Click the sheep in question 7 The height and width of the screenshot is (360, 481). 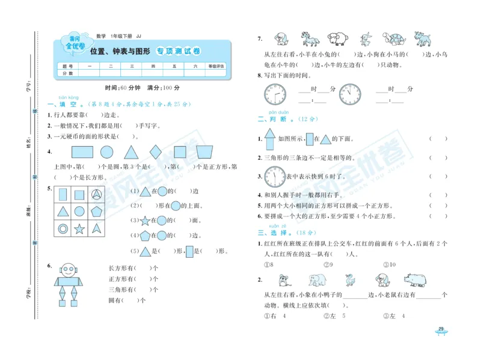pos(337,39)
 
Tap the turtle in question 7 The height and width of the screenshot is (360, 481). pos(397,40)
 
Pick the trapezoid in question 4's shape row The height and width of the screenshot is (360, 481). pos(205,153)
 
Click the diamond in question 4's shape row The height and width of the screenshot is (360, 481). pos(155,152)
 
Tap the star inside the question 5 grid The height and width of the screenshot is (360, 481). pos(79,228)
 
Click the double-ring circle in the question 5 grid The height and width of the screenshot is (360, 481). pos(62,228)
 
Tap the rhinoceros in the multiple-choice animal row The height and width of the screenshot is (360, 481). pos(414,280)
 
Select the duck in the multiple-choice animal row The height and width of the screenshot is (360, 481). pos(350,280)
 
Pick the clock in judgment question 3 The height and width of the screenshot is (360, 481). pos(274,176)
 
